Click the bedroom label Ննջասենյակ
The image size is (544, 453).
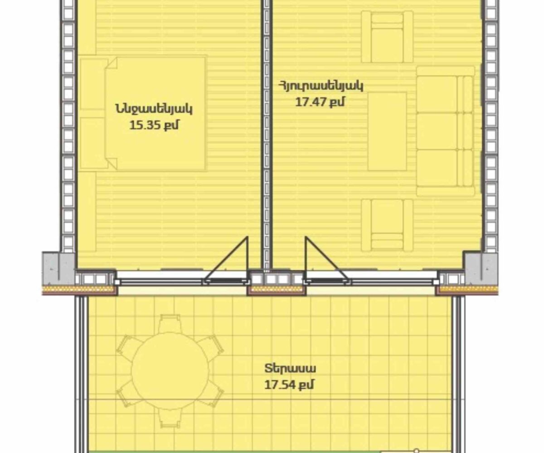pyautogui.click(x=154, y=109)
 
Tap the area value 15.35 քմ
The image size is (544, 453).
pyautogui.click(x=154, y=125)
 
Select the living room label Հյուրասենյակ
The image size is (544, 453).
pyautogui.click(x=321, y=86)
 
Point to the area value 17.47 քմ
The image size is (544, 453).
pyautogui.click(x=320, y=101)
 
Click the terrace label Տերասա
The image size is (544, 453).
pyautogui.click(x=290, y=369)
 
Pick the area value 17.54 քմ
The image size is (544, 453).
pyautogui.click(x=289, y=385)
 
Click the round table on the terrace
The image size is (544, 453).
pyautogui.click(x=170, y=371)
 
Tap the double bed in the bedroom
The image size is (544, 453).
pyautogui.click(x=155, y=114)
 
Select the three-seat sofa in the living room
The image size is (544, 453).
pyautogui.click(x=445, y=131)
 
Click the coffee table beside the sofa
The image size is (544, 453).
pyautogui.click(x=387, y=131)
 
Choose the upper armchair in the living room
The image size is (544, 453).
pyautogui.click(x=387, y=37)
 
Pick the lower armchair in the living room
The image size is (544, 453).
pyautogui.click(x=387, y=225)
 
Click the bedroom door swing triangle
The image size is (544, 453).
pyautogui.click(x=226, y=260)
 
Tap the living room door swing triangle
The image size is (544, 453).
pyautogui.click(x=327, y=260)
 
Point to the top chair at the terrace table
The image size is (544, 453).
pyautogui.click(x=170, y=323)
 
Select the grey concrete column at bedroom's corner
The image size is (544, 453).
pyautogui.click(x=58, y=269)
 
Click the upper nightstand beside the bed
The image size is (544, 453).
pyautogui.click(x=93, y=84)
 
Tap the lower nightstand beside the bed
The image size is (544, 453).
pyautogui.click(x=93, y=143)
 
